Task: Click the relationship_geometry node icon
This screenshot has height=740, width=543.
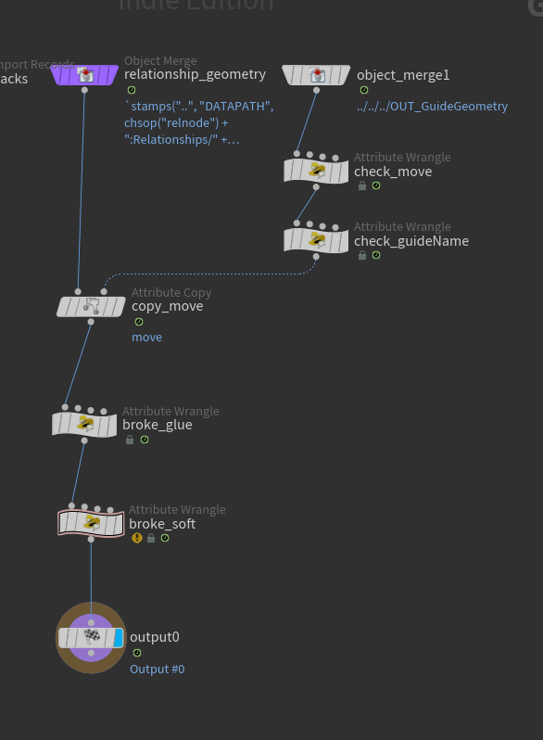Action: click(x=84, y=75)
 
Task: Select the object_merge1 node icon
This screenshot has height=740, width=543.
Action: click(x=316, y=75)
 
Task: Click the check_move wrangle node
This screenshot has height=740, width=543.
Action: click(x=316, y=171)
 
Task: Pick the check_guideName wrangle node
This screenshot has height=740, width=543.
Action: click(x=316, y=240)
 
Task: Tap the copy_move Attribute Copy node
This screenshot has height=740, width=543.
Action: click(x=91, y=306)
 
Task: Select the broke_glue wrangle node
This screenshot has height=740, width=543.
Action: click(x=84, y=425)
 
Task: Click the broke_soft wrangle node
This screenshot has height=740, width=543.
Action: click(x=91, y=524)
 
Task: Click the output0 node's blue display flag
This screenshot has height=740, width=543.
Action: click(x=118, y=637)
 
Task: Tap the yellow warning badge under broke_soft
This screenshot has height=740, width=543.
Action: click(x=137, y=538)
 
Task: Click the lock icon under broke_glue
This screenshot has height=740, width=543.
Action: click(x=130, y=440)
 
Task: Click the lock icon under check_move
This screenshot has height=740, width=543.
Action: click(x=362, y=185)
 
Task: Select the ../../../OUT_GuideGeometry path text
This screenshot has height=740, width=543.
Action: click(x=432, y=107)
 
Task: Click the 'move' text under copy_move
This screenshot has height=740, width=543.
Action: click(x=146, y=338)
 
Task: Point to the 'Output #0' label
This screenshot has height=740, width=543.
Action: click(x=157, y=669)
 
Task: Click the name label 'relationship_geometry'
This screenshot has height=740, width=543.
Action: click(x=195, y=74)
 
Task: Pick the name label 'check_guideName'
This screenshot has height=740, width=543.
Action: click(x=410, y=241)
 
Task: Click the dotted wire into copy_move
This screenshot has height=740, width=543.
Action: click(x=204, y=274)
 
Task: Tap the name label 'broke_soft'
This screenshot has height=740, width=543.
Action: click(x=162, y=524)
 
